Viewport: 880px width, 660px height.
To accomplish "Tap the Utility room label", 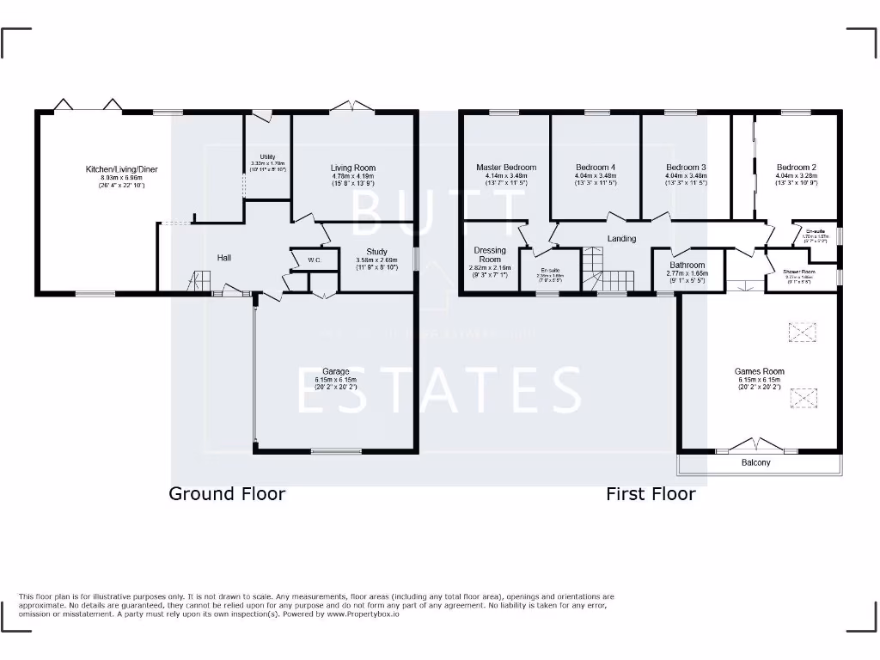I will click(x=267, y=156).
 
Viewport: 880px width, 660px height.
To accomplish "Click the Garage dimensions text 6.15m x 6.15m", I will click(x=331, y=380).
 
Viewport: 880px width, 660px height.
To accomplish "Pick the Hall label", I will click(x=223, y=257).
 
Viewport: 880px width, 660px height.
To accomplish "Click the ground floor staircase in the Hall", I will click(x=200, y=280).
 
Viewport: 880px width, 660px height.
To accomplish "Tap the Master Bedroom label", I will click(x=506, y=168).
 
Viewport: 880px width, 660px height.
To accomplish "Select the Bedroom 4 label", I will click(x=596, y=168).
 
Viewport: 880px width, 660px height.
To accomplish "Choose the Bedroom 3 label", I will click(x=686, y=168).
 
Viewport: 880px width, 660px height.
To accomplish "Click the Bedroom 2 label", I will click(x=796, y=168).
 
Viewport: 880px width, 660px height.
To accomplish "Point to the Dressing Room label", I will click(x=490, y=254).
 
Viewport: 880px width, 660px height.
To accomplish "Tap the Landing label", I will click(x=621, y=239).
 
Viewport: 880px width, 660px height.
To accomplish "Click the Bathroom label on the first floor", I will click(x=687, y=266).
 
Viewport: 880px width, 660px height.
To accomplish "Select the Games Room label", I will click(x=759, y=372).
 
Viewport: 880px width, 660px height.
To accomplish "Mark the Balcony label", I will click(x=756, y=463).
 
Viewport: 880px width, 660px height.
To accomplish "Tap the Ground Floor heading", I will click(x=227, y=493).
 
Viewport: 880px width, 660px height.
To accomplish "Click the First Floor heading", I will click(x=651, y=493).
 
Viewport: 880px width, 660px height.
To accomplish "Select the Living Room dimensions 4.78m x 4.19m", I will click(x=353, y=176).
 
